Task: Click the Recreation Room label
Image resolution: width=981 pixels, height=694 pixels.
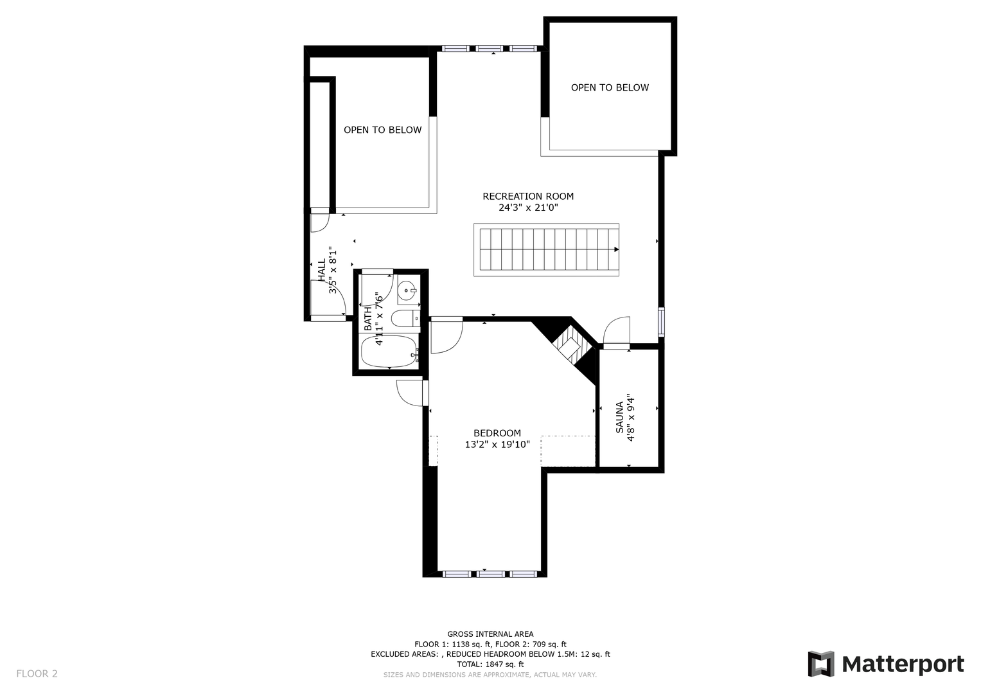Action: click(527, 196)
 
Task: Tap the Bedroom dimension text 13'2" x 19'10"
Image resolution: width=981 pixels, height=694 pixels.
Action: click(497, 444)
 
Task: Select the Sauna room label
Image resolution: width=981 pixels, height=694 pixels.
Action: click(619, 417)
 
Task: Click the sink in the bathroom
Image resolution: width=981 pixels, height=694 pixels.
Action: click(408, 290)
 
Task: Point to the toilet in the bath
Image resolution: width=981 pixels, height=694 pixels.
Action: click(405, 318)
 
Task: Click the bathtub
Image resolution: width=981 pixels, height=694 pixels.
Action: click(389, 351)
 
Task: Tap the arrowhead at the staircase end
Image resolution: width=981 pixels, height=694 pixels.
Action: click(616, 249)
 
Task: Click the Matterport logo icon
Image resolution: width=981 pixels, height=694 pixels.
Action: click(820, 664)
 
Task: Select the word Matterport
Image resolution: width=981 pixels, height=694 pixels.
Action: click(903, 664)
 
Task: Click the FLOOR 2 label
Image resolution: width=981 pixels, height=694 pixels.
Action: click(37, 673)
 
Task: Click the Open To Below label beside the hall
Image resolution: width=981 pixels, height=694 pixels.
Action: click(382, 130)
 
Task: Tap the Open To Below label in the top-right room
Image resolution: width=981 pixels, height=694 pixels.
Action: click(610, 87)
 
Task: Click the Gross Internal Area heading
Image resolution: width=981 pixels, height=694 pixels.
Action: click(490, 634)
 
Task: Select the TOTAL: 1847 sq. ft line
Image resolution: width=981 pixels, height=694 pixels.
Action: click(490, 664)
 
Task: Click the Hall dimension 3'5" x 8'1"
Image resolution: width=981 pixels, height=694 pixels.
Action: click(333, 270)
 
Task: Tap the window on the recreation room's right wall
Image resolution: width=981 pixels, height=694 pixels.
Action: click(661, 322)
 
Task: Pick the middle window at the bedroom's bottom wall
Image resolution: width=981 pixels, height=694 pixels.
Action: click(491, 574)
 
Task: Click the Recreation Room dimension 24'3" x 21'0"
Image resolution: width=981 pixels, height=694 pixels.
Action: click(528, 207)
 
